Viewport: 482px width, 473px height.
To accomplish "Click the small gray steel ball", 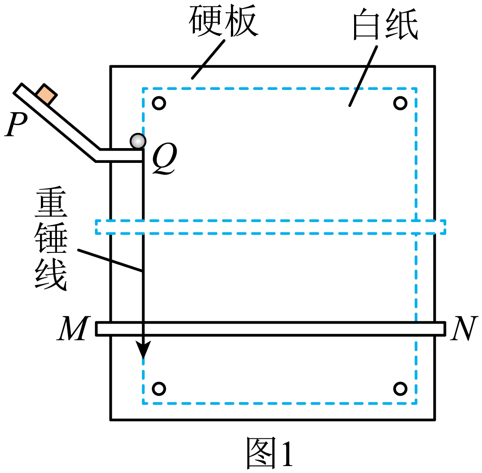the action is (138, 141).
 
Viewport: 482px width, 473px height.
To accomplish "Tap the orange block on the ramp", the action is (46, 94).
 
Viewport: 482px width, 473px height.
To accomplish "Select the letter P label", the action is (16, 124).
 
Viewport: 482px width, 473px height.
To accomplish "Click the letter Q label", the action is (164, 159).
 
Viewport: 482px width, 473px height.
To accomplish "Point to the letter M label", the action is (74, 328).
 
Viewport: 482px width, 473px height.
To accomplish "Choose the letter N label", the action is (464, 328).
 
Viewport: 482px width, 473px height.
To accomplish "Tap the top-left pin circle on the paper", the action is (159, 103).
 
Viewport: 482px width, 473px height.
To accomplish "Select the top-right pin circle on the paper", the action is (400, 103).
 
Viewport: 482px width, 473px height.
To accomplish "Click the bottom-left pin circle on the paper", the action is (159, 389).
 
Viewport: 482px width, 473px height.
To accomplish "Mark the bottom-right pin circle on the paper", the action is (400, 389).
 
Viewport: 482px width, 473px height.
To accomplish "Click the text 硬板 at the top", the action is (224, 20).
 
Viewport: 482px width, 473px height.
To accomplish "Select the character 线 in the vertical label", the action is (51, 274).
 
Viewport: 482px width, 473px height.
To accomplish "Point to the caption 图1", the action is (270, 453).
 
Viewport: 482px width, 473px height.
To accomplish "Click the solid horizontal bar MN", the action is (271, 329).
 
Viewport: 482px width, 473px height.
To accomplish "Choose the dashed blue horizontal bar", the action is (271, 227).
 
